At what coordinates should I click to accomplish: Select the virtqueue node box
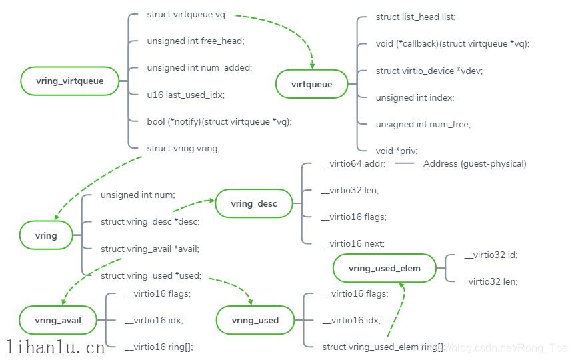click(x=311, y=84)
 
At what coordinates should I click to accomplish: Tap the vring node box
click(x=46, y=235)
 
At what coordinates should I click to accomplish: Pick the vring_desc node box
click(x=253, y=203)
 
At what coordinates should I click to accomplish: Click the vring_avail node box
click(x=59, y=320)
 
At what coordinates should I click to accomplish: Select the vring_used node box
click(x=255, y=320)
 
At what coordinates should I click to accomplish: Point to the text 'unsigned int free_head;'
click(x=195, y=41)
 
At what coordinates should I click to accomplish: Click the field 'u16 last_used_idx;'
click(x=185, y=95)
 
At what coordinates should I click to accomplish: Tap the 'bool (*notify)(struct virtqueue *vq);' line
click(x=219, y=121)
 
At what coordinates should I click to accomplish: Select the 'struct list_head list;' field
click(x=416, y=17)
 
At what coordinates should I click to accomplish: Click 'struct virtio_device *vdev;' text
click(x=429, y=71)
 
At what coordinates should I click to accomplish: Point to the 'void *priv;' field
click(x=397, y=151)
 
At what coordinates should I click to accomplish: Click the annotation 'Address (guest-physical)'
click(x=475, y=163)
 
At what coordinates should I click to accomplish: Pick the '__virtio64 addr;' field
click(x=353, y=163)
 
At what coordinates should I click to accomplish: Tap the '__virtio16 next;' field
click(x=353, y=243)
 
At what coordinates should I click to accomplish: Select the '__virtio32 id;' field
click(x=491, y=255)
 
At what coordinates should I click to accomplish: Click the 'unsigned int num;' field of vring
click(x=137, y=195)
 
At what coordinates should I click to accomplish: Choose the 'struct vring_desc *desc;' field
click(x=150, y=221)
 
